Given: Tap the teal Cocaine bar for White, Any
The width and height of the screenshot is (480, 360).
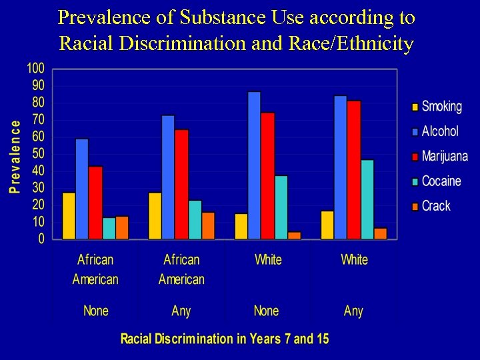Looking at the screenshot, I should point(367,199).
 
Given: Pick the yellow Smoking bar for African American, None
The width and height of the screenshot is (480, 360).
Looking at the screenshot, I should point(69,216).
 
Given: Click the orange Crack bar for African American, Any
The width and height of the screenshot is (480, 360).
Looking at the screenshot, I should point(208,226).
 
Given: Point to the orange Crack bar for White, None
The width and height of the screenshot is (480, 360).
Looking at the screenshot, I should point(294,235).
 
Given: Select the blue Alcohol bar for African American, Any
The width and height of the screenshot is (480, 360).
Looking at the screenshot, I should point(168,177).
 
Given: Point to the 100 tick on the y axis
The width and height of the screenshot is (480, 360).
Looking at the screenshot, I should point(35,69).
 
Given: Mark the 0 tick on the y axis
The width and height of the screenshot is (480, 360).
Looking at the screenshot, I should point(41,239).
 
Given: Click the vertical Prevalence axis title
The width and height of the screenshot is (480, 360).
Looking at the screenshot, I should point(14,157).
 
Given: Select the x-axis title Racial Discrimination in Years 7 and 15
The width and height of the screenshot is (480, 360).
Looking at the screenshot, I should point(225,339).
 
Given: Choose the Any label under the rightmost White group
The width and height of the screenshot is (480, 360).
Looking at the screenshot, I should point(353,311).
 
